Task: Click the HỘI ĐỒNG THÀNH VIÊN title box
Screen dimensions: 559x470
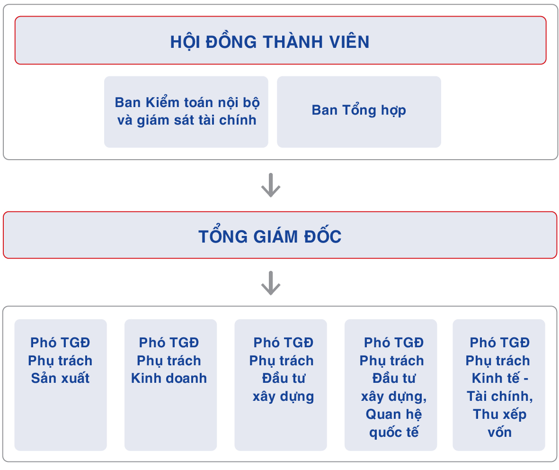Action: click(280, 40)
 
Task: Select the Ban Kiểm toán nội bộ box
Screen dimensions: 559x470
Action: click(186, 112)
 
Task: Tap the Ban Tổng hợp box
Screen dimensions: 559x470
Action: click(359, 112)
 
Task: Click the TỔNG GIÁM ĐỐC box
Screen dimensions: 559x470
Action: click(280, 235)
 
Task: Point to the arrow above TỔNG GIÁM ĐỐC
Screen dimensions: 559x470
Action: click(271, 185)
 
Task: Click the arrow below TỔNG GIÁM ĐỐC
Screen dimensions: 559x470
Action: click(271, 283)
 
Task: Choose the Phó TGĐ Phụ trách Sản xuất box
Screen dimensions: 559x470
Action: click(61, 385)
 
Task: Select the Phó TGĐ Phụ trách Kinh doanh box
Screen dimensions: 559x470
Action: click(170, 385)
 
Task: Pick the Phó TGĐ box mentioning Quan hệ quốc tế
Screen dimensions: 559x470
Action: click(390, 385)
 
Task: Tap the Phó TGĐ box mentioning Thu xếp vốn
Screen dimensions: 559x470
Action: click(499, 385)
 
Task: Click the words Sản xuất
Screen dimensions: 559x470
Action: click(60, 378)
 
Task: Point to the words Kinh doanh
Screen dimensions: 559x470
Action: click(169, 378)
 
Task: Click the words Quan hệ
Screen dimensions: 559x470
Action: click(394, 414)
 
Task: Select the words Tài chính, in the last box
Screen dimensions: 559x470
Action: click(500, 397)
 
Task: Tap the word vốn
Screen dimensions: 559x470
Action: click(500, 432)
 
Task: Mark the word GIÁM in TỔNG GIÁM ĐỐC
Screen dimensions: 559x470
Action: click(275, 236)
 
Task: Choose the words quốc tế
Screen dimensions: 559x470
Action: click(394, 432)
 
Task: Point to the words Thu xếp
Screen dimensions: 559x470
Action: click(500, 414)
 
